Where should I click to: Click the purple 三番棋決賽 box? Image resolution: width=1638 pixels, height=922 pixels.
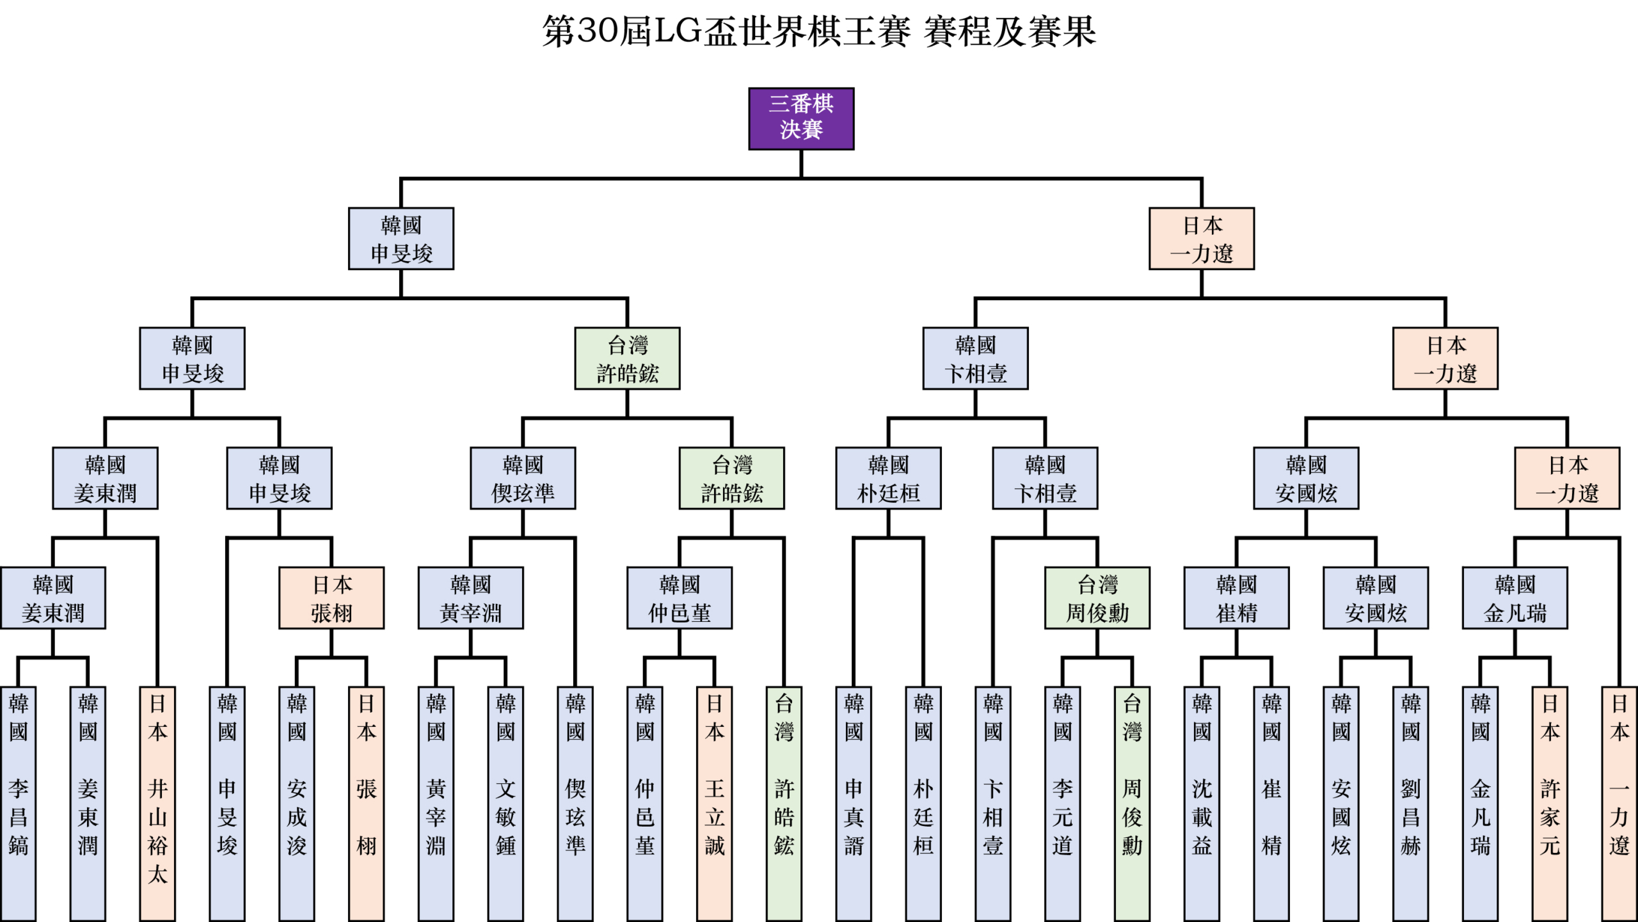point(801,118)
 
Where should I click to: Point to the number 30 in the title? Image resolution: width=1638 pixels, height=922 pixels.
point(600,31)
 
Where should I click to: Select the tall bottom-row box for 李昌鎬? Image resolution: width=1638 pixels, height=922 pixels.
point(18,803)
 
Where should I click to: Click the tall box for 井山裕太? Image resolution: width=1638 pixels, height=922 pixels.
point(157,803)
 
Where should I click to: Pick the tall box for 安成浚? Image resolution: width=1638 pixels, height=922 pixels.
point(296,803)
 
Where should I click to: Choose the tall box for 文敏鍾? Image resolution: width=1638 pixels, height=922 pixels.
point(505,803)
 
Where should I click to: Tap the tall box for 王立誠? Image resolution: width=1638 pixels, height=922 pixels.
point(714,803)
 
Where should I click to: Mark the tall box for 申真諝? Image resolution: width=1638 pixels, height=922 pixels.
point(854,803)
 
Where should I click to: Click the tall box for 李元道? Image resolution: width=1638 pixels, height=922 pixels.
point(1062,803)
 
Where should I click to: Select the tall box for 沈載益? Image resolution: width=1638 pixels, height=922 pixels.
point(1202,803)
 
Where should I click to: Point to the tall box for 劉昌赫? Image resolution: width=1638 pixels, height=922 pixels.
point(1410,803)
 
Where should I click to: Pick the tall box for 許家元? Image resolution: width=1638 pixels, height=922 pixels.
point(1550,803)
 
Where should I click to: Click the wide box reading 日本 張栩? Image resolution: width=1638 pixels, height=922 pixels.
point(331,598)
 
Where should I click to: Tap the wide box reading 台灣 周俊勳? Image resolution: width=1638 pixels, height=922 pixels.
point(1097,598)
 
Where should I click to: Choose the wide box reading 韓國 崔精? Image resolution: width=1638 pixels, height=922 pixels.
point(1236,598)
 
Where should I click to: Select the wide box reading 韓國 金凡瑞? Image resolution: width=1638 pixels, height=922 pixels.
point(1515,598)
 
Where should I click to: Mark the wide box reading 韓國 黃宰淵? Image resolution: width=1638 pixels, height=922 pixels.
point(470,598)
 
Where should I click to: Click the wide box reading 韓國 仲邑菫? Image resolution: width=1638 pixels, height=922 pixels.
point(680,598)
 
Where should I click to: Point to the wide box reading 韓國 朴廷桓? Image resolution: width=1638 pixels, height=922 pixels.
point(888,478)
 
